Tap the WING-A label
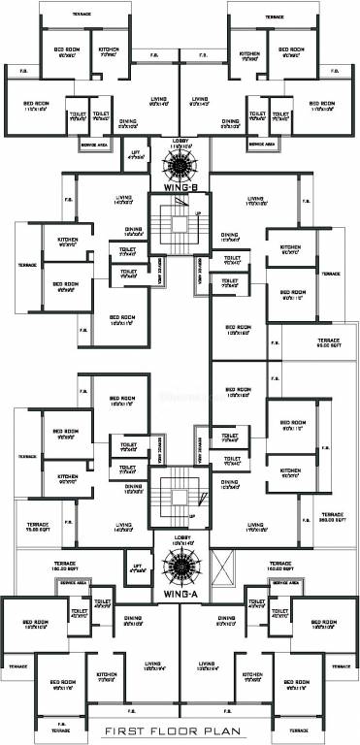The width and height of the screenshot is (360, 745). pyautogui.click(x=180, y=594)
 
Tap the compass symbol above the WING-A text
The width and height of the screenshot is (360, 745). pyautogui.click(x=180, y=567)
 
